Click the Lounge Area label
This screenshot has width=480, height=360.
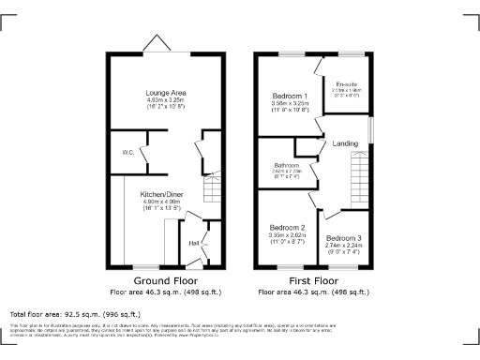164,93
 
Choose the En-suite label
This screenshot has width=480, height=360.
347,84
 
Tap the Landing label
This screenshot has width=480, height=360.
344,142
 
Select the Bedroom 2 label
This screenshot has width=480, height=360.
288,228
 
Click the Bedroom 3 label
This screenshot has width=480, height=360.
344,238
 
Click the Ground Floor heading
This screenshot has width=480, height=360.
164,280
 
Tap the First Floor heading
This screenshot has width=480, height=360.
314,280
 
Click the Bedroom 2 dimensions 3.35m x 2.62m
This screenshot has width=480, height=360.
288,235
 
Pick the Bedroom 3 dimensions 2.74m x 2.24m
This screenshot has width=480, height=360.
344,245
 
